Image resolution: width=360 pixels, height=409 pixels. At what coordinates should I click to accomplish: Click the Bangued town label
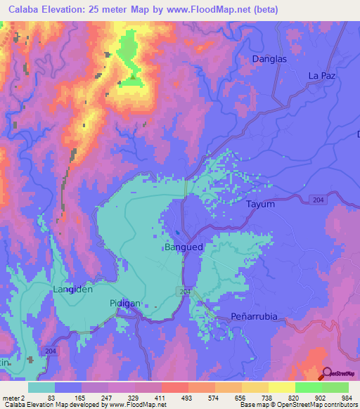pos(184,247)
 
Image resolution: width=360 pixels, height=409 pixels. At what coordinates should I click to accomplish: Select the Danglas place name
pos(269,60)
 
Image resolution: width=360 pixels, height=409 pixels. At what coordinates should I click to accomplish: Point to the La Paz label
pos(323,76)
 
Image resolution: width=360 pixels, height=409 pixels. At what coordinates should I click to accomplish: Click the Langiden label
pos(73,289)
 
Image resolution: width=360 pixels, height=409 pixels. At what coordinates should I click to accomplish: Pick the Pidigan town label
pos(125,303)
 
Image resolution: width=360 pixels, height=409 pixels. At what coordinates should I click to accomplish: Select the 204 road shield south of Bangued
pos(186,291)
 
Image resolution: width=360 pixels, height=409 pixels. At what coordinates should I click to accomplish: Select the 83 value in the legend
pos(51,397)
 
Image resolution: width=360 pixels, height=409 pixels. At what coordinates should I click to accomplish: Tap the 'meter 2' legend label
pos(14,397)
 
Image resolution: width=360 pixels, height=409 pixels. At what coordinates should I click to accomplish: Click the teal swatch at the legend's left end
pos(41,387)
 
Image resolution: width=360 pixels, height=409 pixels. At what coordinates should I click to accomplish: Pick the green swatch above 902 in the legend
pos(308,387)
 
